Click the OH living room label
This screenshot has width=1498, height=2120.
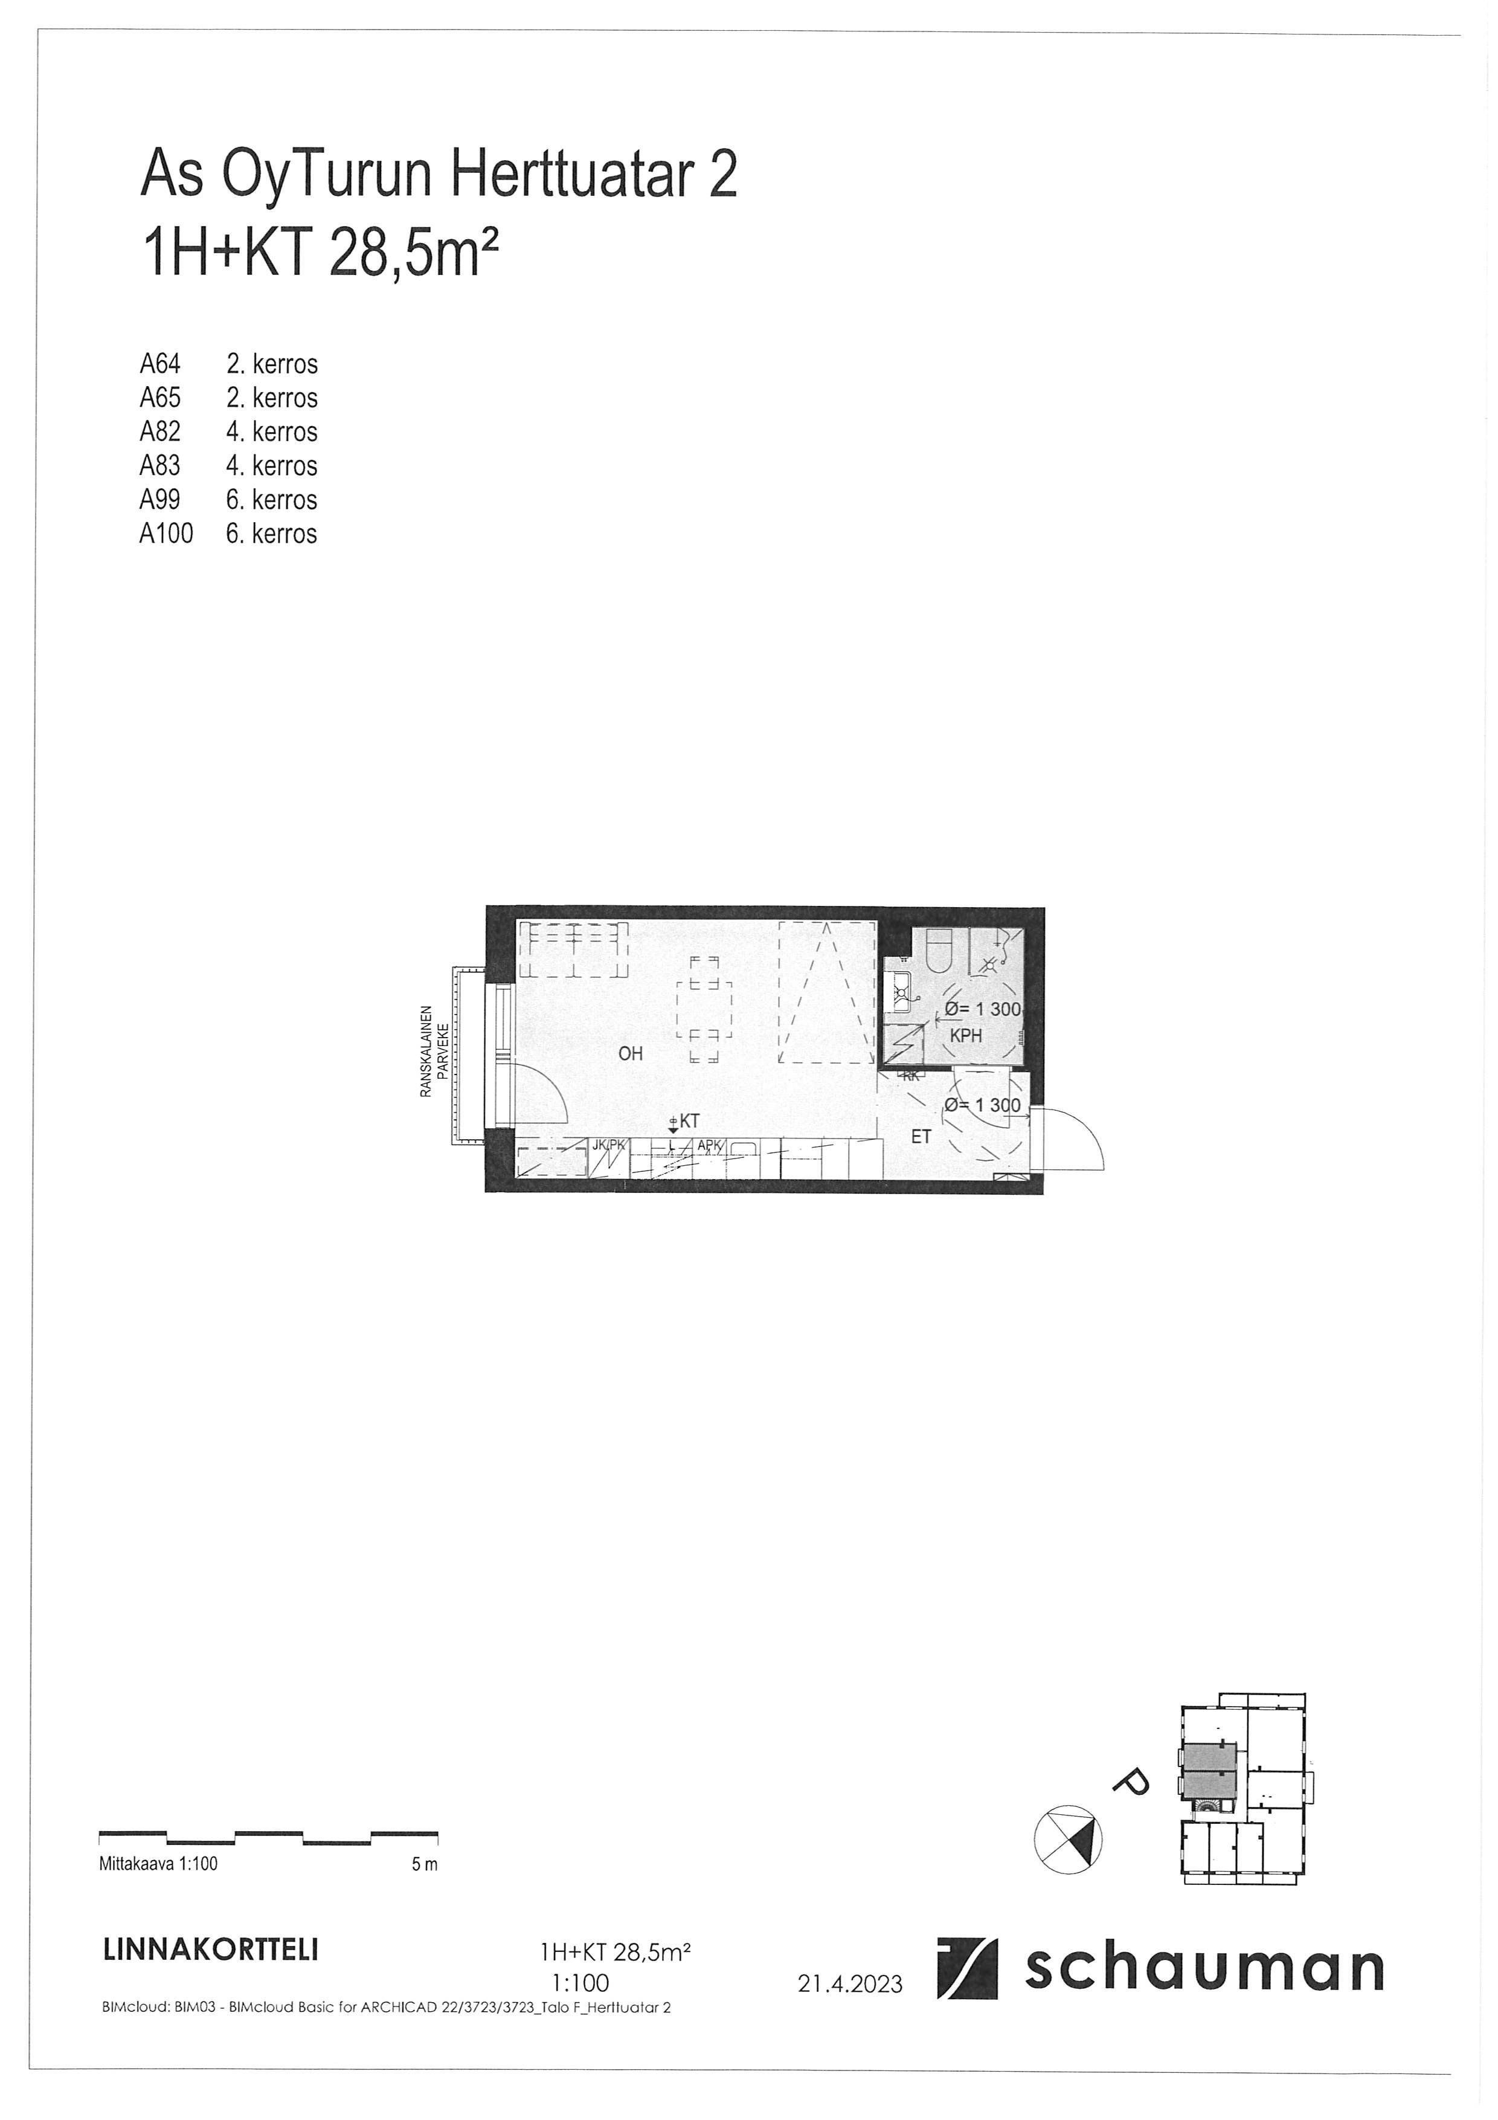[x=631, y=1053]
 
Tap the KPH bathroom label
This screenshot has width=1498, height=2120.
[x=965, y=1036]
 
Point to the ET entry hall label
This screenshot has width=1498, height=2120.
[x=921, y=1137]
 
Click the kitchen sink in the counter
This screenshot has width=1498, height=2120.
[x=743, y=1151]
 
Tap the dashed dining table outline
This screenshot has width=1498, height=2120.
[x=704, y=1010]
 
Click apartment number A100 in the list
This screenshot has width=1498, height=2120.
[x=166, y=534]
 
